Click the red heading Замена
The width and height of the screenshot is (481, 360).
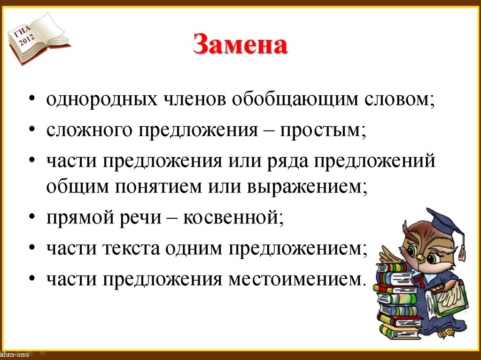tap(240, 46)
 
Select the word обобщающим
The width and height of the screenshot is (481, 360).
tap(289, 100)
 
